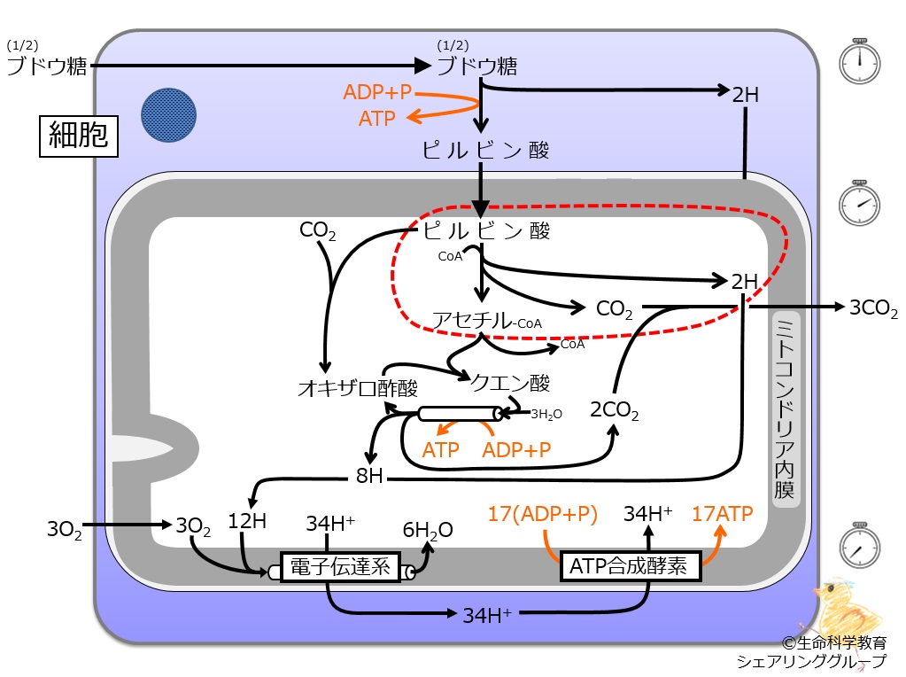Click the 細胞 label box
(x=79, y=136)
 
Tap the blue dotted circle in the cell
(x=169, y=115)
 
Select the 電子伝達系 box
(x=340, y=566)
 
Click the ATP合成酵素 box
(x=631, y=565)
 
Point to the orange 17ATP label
(x=723, y=513)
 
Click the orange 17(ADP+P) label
(x=542, y=514)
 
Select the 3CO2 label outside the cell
(x=873, y=308)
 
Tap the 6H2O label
(x=428, y=530)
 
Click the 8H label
(x=369, y=476)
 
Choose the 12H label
(x=247, y=521)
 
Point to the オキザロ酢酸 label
(x=358, y=388)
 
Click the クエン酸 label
(x=510, y=383)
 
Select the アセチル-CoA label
(x=487, y=321)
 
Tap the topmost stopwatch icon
(x=859, y=61)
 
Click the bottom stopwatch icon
(x=859, y=545)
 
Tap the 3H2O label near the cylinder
(x=546, y=414)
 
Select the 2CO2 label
(x=615, y=410)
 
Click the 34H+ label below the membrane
(x=487, y=615)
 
